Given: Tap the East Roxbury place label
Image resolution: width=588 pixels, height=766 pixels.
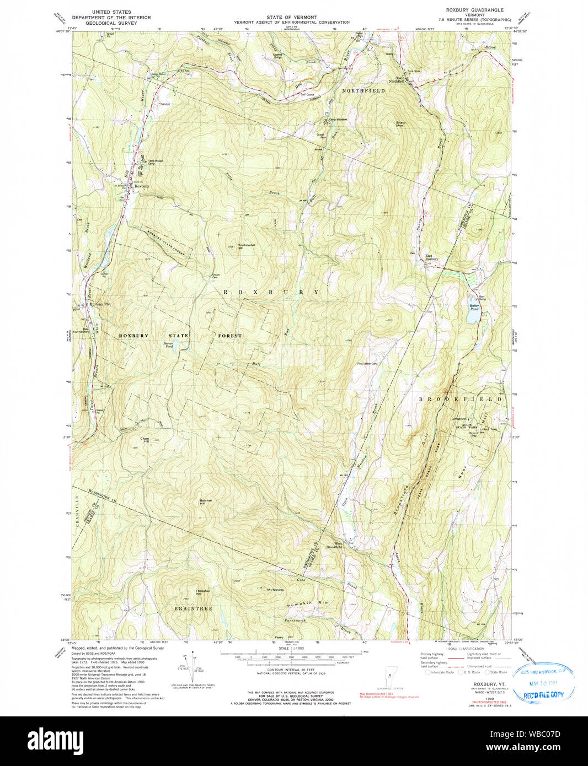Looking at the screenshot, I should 432,257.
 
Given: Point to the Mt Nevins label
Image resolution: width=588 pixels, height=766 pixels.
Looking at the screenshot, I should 275,590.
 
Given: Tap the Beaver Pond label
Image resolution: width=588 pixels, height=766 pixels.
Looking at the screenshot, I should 168,345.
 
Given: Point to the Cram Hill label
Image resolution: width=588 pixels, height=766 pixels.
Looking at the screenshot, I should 145,440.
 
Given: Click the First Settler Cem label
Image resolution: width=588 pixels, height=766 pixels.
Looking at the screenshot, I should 367,364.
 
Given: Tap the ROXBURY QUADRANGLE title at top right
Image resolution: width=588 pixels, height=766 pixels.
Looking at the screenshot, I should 474,10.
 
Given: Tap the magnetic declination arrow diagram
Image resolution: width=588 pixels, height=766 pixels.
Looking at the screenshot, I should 194,667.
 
